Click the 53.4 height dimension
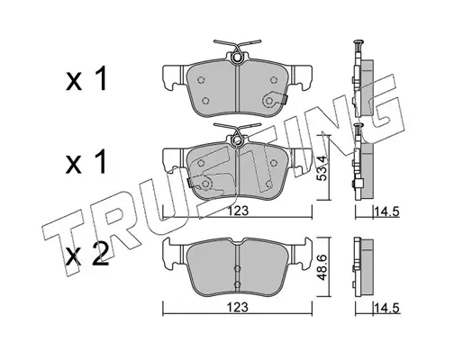[x=322, y=168]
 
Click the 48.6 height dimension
[x=322, y=267]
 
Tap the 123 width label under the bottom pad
[x=238, y=307]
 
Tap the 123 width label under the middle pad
[x=238, y=211]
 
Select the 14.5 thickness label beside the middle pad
[x=386, y=212]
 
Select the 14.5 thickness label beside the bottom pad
[x=386, y=309]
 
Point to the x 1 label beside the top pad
[x=86, y=78]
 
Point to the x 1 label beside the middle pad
[x=86, y=162]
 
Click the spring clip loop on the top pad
[x=237, y=58]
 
